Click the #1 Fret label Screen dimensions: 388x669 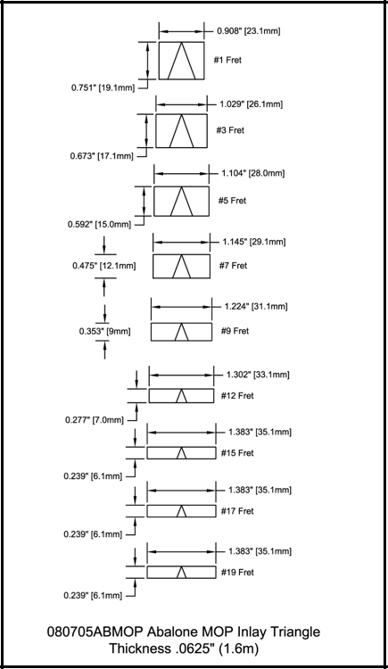pyautogui.click(x=227, y=60)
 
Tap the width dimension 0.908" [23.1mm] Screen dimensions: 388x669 pyautogui.click(x=249, y=30)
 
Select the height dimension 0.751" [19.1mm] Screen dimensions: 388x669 pyautogui.click(x=103, y=88)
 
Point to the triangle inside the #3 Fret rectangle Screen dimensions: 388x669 pyautogui.click(x=181, y=130)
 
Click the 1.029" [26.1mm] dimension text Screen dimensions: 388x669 pyautogui.click(x=251, y=103)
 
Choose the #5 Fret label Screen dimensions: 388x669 pyautogui.click(x=232, y=201)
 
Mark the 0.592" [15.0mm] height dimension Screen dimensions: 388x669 pyautogui.click(x=100, y=224)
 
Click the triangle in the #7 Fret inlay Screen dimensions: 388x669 pyautogui.click(x=181, y=267)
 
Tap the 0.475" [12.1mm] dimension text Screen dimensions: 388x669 pyautogui.click(x=104, y=266)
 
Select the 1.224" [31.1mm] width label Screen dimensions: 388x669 pyautogui.click(x=256, y=306)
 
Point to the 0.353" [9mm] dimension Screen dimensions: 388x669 pyautogui.click(x=105, y=331)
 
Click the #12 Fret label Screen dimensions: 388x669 pyautogui.click(x=237, y=396)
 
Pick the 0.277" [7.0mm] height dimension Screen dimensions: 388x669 pyautogui.click(x=95, y=421)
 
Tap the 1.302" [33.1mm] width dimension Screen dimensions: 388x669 pyautogui.click(x=258, y=375)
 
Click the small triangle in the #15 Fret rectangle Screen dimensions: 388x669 pyautogui.click(x=181, y=453)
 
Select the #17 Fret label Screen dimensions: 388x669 pyautogui.click(x=237, y=511)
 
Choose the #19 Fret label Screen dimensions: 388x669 pyautogui.click(x=237, y=572)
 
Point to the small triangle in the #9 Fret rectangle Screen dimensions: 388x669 pyautogui.click(x=181, y=333)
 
